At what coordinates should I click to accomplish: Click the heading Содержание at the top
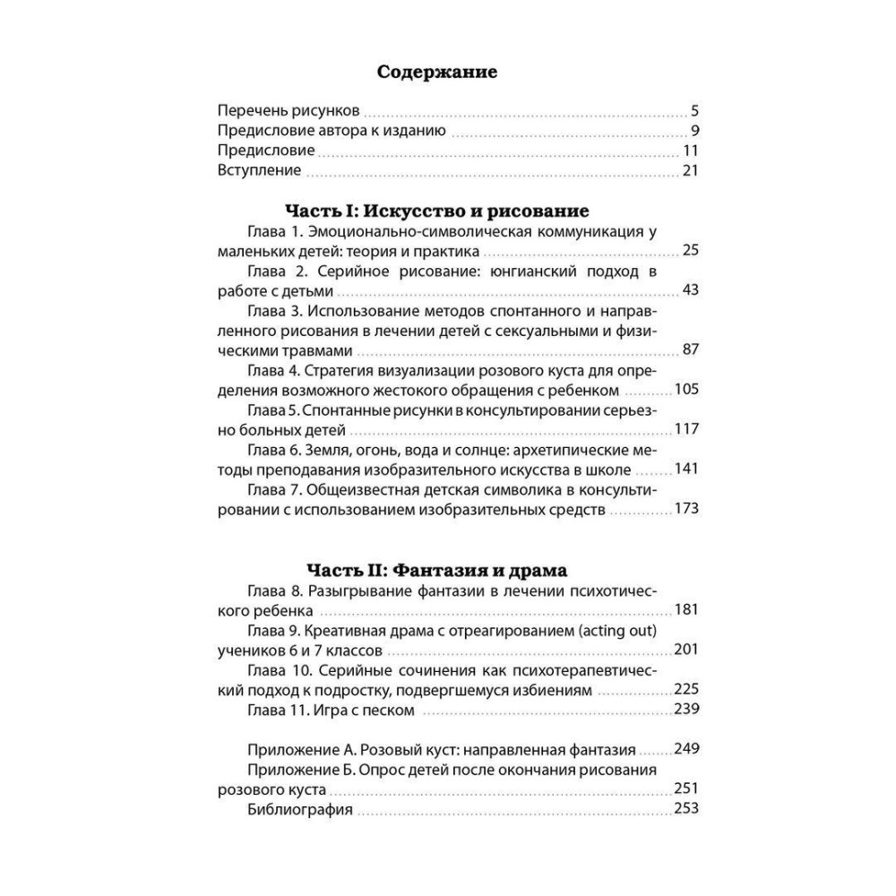pyautogui.click(x=437, y=72)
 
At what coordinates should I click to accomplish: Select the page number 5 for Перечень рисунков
pyautogui.click(x=694, y=112)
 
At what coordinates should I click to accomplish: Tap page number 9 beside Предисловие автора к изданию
pyautogui.click(x=694, y=132)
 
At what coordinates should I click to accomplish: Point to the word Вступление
pyautogui.click(x=259, y=170)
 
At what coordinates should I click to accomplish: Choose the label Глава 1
pyautogui.click(x=274, y=230)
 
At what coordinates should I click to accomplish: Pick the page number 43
pyautogui.click(x=689, y=289)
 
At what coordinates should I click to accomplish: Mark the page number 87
pyautogui.click(x=689, y=349)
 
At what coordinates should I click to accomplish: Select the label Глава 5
pyautogui.click(x=271, y=409)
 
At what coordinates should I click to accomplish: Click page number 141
pyautogui.click(x=685, y=468)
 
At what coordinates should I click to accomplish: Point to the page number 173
pyautogui.click(x=685, y=508)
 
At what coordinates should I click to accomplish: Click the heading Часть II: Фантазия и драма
pyautogui.click(x=436, y=569)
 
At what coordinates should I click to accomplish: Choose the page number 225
pyautogui.click(x=685, y=689)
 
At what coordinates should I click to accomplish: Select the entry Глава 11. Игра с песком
pyautogui.click(x=330, y=710)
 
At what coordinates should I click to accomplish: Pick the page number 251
pyautogui.click(x=685, y=788)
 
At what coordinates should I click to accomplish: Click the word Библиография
pyautogui.click(x=299, y=809)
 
